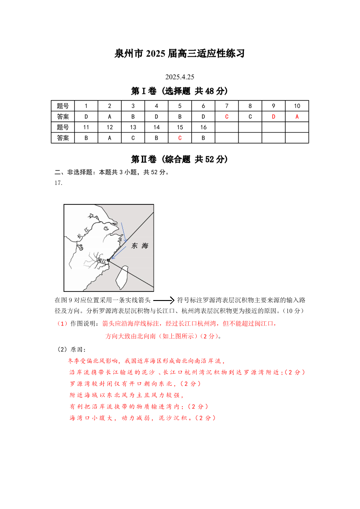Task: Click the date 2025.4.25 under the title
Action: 180,77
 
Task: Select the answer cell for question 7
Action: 226,116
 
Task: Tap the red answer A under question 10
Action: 297,116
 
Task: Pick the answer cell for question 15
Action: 180,138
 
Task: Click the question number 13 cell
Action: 133,127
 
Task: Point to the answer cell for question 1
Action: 86,116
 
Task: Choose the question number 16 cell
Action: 204,127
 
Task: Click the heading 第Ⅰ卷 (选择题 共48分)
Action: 180,91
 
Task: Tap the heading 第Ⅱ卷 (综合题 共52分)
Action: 180,159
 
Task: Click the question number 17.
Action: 58,183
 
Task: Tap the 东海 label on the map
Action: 140,246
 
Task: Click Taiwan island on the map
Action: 121,277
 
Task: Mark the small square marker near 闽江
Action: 108,260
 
